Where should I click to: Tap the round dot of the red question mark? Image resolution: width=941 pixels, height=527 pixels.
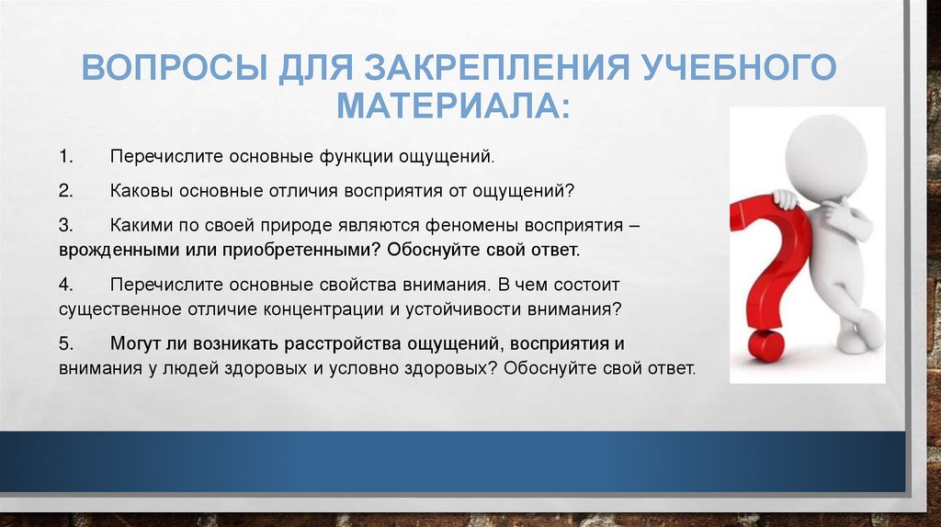[x=765, y=346]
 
